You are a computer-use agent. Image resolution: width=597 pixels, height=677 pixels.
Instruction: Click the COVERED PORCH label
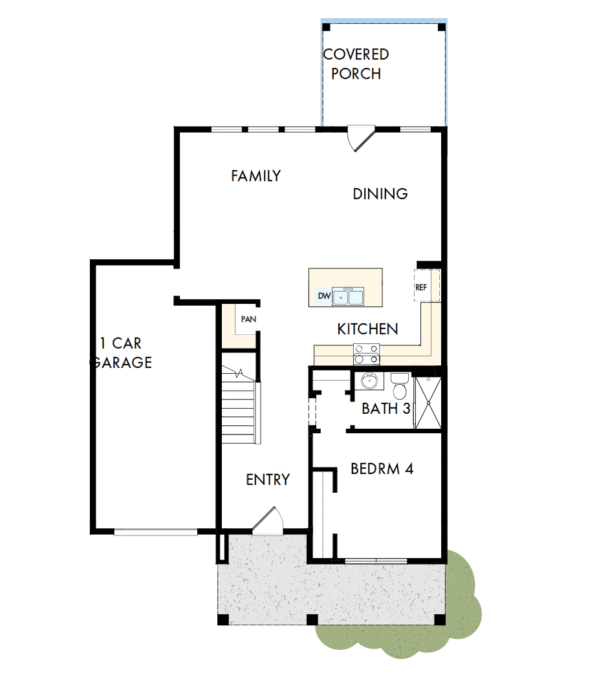355,64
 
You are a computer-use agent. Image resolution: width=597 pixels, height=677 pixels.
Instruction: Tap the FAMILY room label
256,176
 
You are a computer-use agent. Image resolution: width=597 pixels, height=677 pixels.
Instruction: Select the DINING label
380,193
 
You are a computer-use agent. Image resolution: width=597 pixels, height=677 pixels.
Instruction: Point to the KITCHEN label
367,329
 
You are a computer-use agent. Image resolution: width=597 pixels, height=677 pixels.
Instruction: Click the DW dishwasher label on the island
324,297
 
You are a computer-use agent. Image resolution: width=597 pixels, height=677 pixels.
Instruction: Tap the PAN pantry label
248,319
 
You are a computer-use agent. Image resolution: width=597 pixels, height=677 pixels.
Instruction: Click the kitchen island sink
348,297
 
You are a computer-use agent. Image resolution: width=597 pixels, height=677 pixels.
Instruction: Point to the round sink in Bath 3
369,380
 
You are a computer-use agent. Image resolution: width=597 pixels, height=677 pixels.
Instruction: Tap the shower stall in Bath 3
428,402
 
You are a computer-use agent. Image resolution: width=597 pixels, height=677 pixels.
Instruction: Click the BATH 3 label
386,409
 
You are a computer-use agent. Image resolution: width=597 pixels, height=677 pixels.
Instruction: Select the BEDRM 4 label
381,469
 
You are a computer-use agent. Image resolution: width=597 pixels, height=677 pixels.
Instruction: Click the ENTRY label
268,480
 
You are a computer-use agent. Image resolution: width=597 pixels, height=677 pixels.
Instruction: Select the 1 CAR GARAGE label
123,352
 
